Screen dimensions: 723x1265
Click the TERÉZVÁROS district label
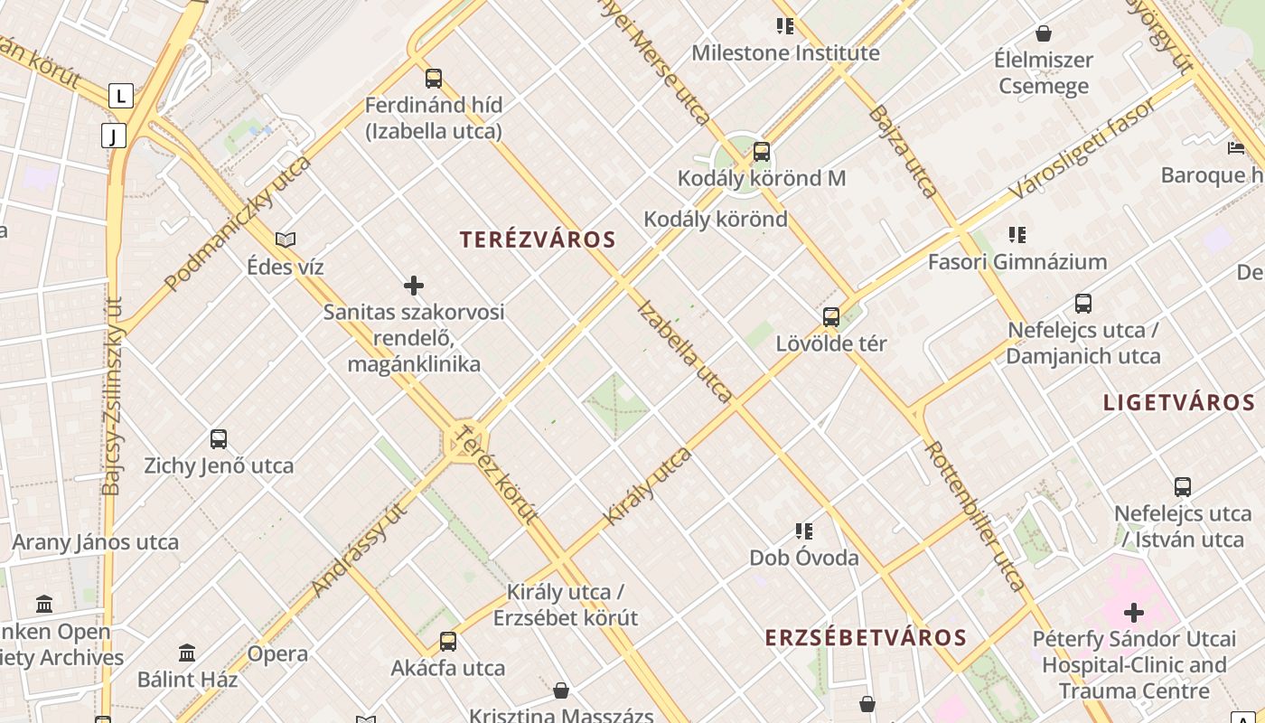538,240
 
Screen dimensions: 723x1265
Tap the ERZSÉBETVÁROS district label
866,638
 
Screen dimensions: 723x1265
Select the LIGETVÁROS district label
1179,403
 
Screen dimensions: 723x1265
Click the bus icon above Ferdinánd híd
434,79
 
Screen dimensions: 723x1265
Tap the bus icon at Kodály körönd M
762,151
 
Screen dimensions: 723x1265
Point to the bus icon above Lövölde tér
831,317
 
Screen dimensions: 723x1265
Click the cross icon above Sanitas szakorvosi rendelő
414,286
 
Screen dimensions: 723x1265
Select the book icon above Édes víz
286,240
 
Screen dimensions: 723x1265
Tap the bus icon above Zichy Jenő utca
219,439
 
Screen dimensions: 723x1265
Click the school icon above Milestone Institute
785,26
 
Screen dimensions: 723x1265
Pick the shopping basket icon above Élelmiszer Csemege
1044,34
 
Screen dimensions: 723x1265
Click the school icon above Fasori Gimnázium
1017,235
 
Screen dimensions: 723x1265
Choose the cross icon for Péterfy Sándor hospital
1134,613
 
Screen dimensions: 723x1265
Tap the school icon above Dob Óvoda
803,531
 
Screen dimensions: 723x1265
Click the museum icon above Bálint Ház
187,653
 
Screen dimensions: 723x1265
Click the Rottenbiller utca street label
976,516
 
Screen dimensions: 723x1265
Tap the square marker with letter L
121,95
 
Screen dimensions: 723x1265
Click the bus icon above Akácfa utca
448,642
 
